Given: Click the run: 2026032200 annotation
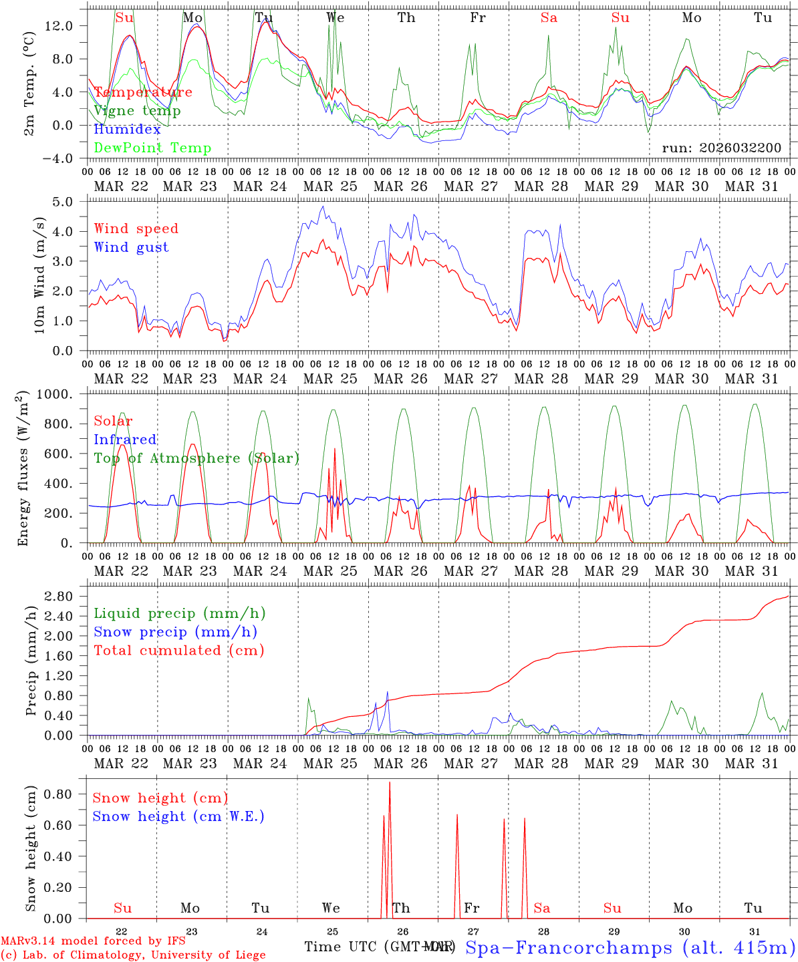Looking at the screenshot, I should point(721,148).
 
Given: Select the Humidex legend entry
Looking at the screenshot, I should point(127,130).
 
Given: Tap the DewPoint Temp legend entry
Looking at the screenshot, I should point(152,148).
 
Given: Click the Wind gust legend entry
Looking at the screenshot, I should point(131,247).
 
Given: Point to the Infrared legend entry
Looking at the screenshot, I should point(125,440).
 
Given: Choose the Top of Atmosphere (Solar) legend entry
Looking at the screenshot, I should point(196,458).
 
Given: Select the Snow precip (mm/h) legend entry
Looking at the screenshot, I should point(175,632).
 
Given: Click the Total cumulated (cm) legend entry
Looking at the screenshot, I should point(178,651).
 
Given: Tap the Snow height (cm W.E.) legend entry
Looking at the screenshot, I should point(178,816).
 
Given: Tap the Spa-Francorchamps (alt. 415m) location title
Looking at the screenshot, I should point(630,947).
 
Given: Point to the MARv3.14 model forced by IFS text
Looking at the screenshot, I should point(93,941).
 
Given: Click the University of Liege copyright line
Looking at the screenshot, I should point(133,955).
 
